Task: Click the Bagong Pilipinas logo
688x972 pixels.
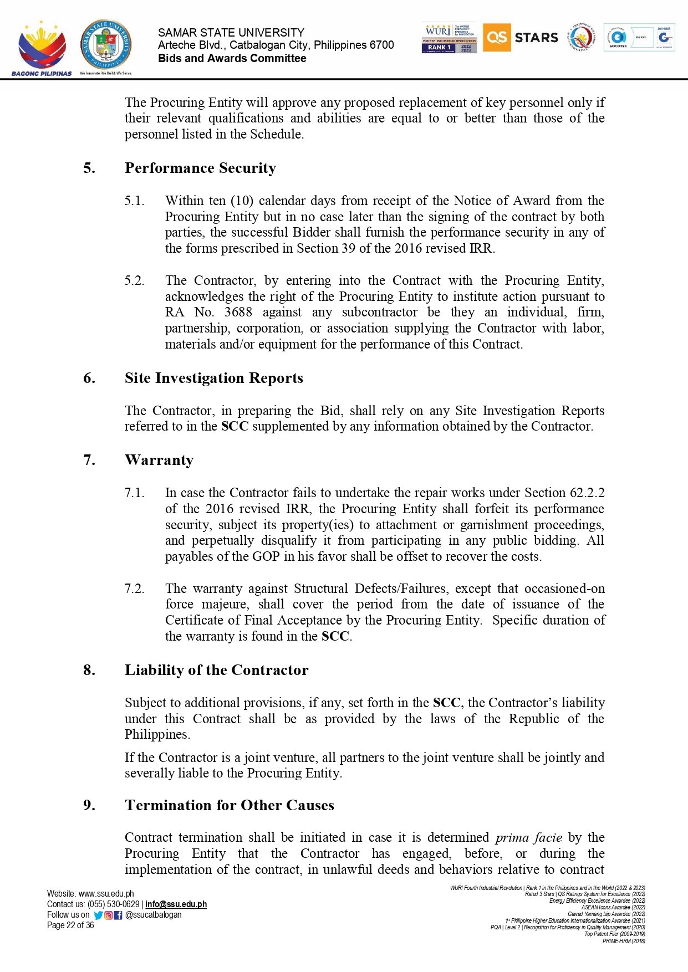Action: tap(42, 49)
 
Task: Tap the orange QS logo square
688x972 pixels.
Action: tap(497, 38)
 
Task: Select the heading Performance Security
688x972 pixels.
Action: tap(200, 168)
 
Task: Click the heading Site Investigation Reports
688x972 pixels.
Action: tap(213, 378)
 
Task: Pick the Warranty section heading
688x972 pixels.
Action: tap(159, 460)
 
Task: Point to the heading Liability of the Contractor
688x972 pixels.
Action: tap(216, 670)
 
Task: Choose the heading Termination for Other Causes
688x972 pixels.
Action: tap(229, 805)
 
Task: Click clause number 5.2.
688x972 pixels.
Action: tap(134, 280)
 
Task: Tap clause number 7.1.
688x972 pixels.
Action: tap(134, 493)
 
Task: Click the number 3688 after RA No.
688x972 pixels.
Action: tap(239, 313)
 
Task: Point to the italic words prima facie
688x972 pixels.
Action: tap(529, 837)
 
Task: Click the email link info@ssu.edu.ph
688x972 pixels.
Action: tap(176, 904)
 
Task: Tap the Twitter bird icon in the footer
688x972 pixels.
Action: tap(98, 915)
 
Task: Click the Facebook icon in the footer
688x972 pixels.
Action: tap(118, 915)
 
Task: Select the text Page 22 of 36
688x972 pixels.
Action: tap(70, 925)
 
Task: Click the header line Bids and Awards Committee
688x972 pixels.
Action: tap(232, 58)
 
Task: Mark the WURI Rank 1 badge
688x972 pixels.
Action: tap(449, 38)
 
